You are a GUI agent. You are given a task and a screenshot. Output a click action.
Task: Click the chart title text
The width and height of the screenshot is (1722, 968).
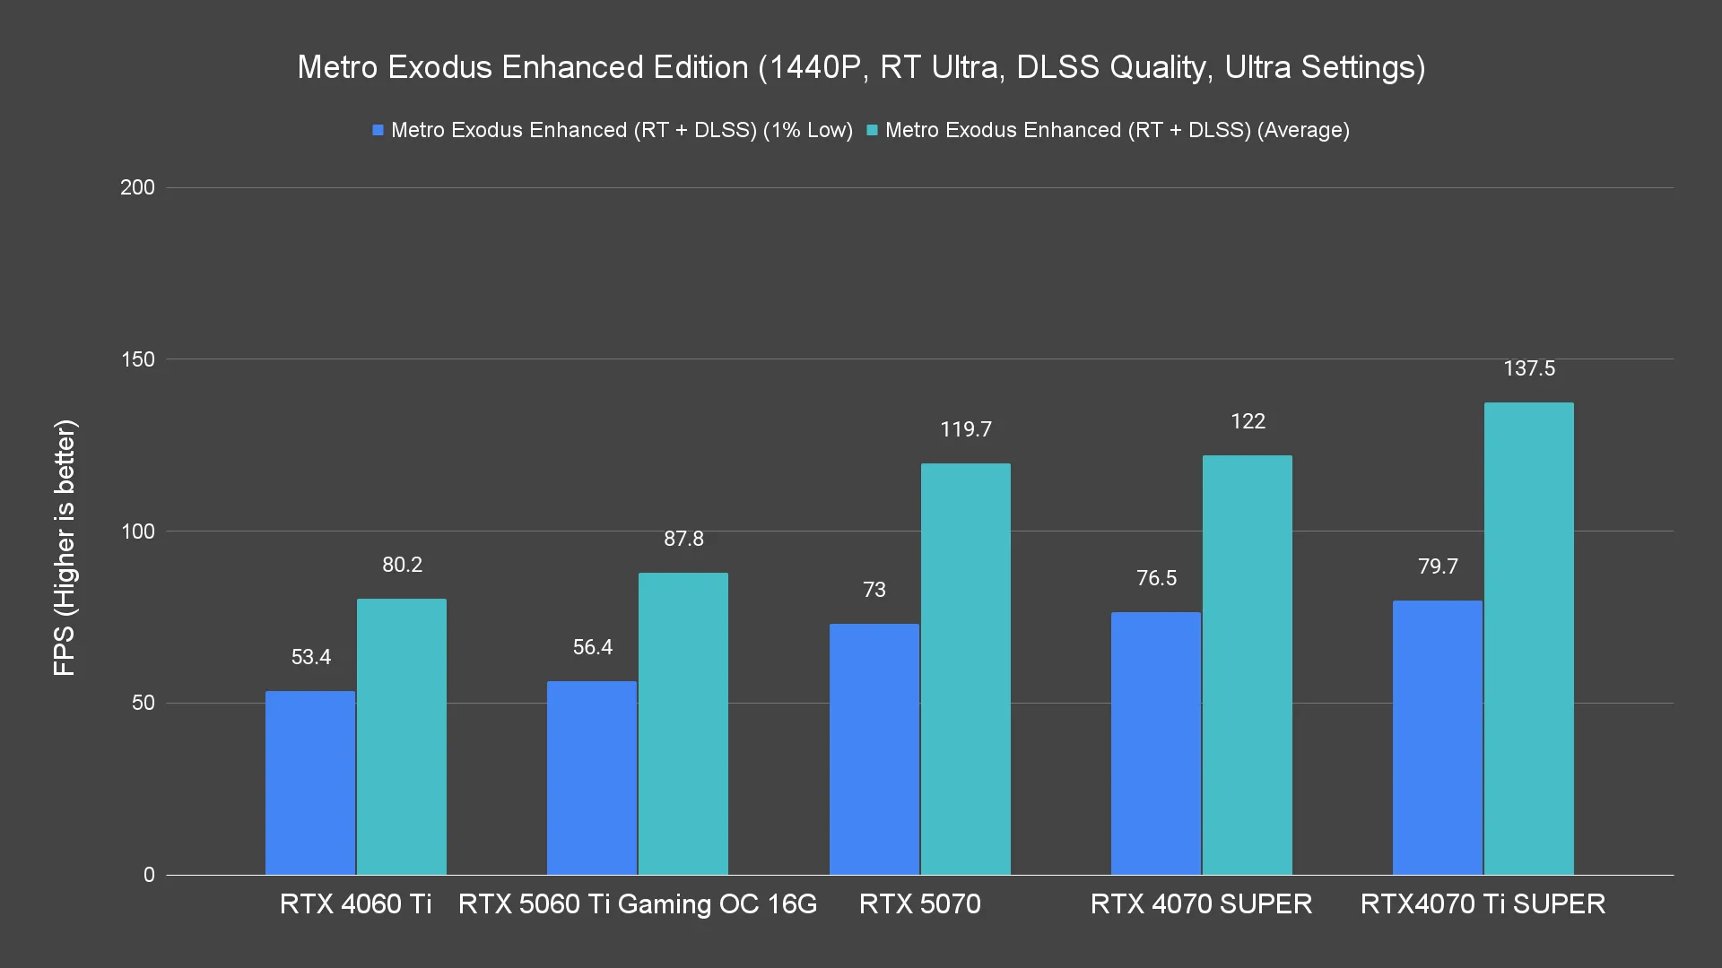click(861, 67)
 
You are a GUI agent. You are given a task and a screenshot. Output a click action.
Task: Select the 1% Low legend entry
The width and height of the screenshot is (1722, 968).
click(613, 130)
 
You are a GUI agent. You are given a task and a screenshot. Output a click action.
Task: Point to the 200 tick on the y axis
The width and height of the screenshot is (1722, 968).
click(137, 187)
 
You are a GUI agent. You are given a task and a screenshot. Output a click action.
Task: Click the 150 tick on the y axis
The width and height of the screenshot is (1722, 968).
click(137, 359)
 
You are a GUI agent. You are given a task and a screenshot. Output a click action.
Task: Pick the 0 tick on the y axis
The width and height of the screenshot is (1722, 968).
click(149, 875)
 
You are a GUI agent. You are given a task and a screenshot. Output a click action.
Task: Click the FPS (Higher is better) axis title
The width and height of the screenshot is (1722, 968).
click(65, 548)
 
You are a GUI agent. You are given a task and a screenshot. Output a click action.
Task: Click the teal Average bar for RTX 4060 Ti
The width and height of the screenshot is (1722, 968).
click(402, 737)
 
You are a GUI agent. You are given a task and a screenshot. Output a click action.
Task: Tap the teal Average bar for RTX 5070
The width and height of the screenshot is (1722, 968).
click(965, 669)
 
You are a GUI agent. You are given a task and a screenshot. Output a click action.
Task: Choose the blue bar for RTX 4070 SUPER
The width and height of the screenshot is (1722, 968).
click(1155, 743)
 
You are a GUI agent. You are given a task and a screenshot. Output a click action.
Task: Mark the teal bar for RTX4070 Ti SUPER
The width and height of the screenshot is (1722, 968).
click(1528, 638)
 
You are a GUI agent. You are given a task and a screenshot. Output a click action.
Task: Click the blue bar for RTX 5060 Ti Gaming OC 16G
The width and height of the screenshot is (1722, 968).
click(592, 778)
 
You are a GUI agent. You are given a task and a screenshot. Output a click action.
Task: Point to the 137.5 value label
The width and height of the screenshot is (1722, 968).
click(1529, 368)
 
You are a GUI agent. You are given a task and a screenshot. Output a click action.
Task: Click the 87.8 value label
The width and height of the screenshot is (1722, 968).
click(683, 539)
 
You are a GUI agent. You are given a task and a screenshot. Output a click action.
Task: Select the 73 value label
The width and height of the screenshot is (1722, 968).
click(874, 590)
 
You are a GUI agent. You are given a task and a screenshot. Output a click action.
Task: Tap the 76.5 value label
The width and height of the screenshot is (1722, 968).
click(1156, 578)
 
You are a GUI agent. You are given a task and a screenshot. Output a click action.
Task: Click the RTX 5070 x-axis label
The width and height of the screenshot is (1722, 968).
click(919, 903)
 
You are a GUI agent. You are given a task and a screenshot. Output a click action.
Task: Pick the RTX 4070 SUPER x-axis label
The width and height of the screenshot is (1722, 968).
click(1201, 903)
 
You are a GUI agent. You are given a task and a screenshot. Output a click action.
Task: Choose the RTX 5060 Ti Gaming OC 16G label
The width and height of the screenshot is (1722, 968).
click(638, 903)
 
